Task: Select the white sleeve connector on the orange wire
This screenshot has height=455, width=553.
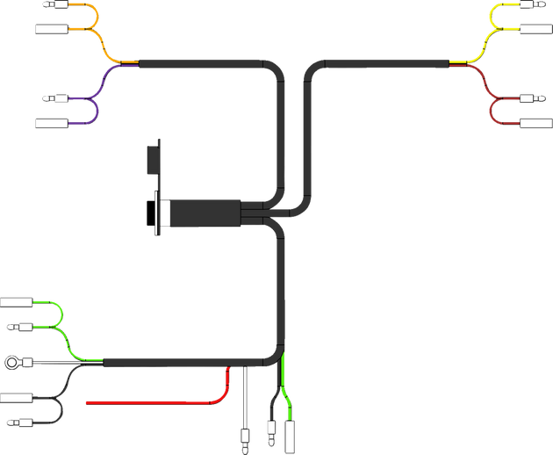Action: point(49,29)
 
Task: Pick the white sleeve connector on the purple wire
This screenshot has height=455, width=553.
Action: point(49,121)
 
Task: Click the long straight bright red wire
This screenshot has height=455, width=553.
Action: point(149,403)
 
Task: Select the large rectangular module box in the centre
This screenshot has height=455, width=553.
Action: point(204,213)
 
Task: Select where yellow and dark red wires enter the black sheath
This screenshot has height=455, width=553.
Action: point(450,63)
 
